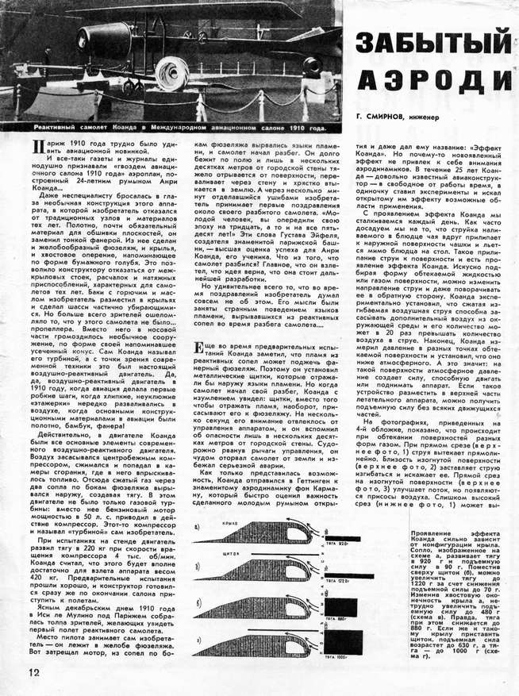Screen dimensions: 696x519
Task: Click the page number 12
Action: coord(23,671)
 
